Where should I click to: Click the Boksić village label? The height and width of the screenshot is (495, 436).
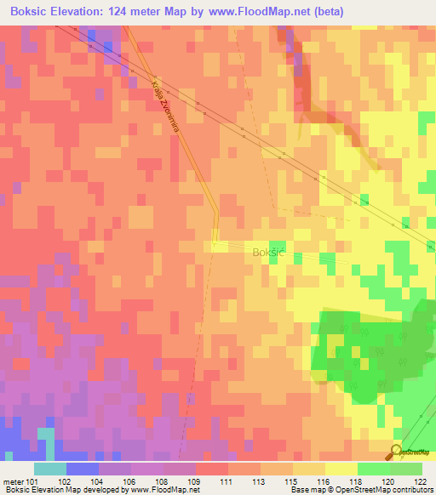point(270,252)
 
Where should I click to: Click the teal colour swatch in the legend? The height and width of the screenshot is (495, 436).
point(49,469)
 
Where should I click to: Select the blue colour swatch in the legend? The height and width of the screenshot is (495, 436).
point(83,469)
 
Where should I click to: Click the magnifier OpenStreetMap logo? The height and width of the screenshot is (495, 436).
point(395,452)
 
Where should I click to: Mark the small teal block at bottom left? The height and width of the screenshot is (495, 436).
point(45,443)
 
